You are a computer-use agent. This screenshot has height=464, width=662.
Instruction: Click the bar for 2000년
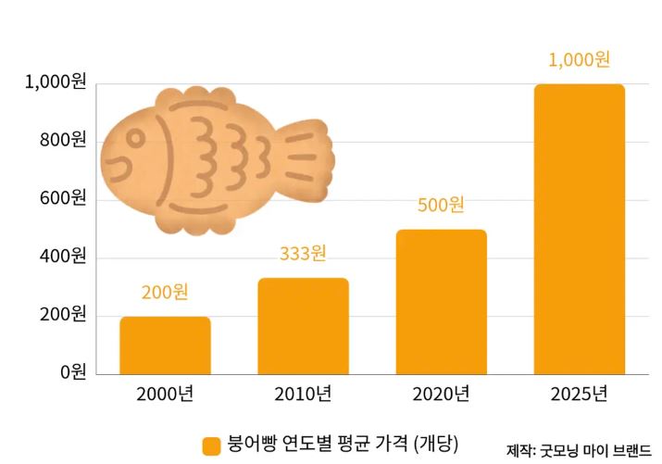[x=165, y=345]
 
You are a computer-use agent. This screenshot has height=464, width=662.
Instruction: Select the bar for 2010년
[x=303, y=325]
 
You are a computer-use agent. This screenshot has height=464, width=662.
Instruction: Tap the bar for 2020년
[x=441, y=301]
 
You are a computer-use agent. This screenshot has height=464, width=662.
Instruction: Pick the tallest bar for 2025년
[x=579, y=229]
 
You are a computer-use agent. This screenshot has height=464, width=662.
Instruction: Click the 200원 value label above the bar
[x=165, y=293]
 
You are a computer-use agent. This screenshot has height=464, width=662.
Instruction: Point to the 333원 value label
[x=303, y=253]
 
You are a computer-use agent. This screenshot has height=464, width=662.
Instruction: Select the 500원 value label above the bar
[x=441, y=205]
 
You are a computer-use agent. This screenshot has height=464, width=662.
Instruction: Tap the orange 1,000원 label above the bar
[x=579, y=60]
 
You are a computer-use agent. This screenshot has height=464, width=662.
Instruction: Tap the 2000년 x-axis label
[x=165, y=395]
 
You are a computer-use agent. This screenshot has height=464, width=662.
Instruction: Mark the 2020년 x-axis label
[x=441, y=395]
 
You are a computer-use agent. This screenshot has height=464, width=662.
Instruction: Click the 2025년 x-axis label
[x=579, y=395]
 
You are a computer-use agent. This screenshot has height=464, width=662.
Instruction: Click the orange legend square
[x=212, y=445]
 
